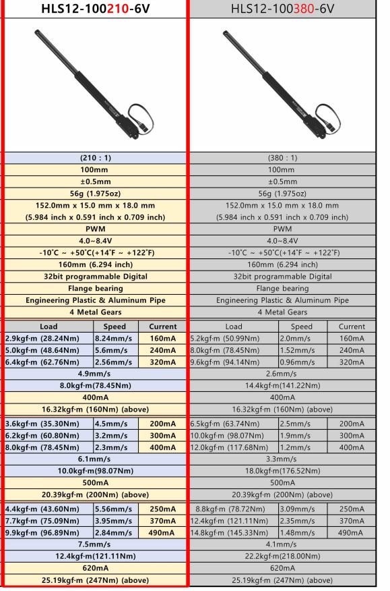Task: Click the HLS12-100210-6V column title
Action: click(x=95, y=9)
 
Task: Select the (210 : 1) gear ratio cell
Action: click(x=95, y=158)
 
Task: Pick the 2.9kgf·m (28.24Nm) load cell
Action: click(x=48, y=339)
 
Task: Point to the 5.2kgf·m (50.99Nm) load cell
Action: click(x=233, y=339)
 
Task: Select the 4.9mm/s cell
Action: click(x=95, y=374)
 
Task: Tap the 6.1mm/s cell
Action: click(x=95, y=459)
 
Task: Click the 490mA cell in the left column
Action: click(x=162, y=532)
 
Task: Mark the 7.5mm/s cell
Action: click(x=95, y=544)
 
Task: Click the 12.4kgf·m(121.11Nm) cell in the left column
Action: click(x=95, y=557)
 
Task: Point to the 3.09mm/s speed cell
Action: click(x=302, y=509)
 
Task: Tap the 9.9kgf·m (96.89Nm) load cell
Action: click(x=48, y=532)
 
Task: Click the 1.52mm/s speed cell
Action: click(x=302, y=351)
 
